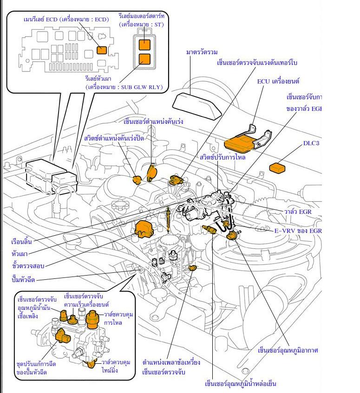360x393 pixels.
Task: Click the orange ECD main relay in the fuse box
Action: [101, 50]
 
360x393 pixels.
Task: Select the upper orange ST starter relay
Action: [145, 44]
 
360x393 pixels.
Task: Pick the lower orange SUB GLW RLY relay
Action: [145, 59]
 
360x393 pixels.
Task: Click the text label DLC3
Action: [312, 143]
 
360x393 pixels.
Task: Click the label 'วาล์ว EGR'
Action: [298, 212]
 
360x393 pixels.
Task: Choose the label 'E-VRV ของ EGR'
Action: [297, 231]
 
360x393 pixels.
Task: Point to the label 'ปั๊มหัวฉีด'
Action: [23, 280]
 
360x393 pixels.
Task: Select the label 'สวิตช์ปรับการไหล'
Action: [223, 157]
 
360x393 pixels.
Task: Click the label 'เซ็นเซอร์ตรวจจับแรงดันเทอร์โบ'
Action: [257, 62]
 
